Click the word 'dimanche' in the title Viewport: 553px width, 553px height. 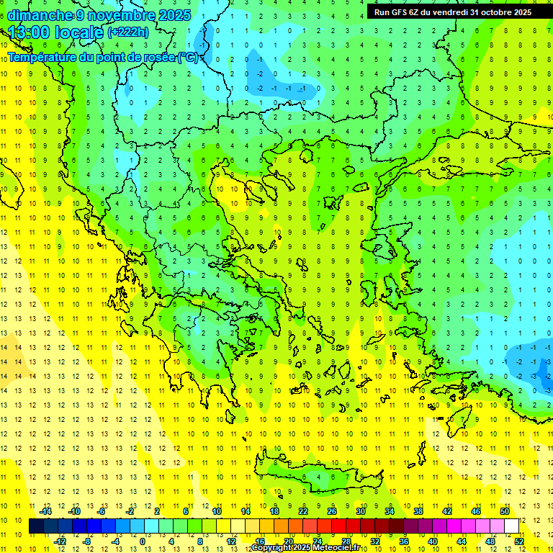point(40,15)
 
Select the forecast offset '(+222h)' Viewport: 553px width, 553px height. point(128,32)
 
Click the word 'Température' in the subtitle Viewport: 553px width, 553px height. point(44,57)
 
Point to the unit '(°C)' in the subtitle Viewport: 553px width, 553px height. point(188,57)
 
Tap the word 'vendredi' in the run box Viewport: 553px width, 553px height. point(449,12)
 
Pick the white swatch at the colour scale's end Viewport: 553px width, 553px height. point(511,526)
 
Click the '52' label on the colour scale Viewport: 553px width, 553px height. point(519,541)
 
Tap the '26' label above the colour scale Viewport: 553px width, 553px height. point(332,511)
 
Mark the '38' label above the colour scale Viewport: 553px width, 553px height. point(418,511)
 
